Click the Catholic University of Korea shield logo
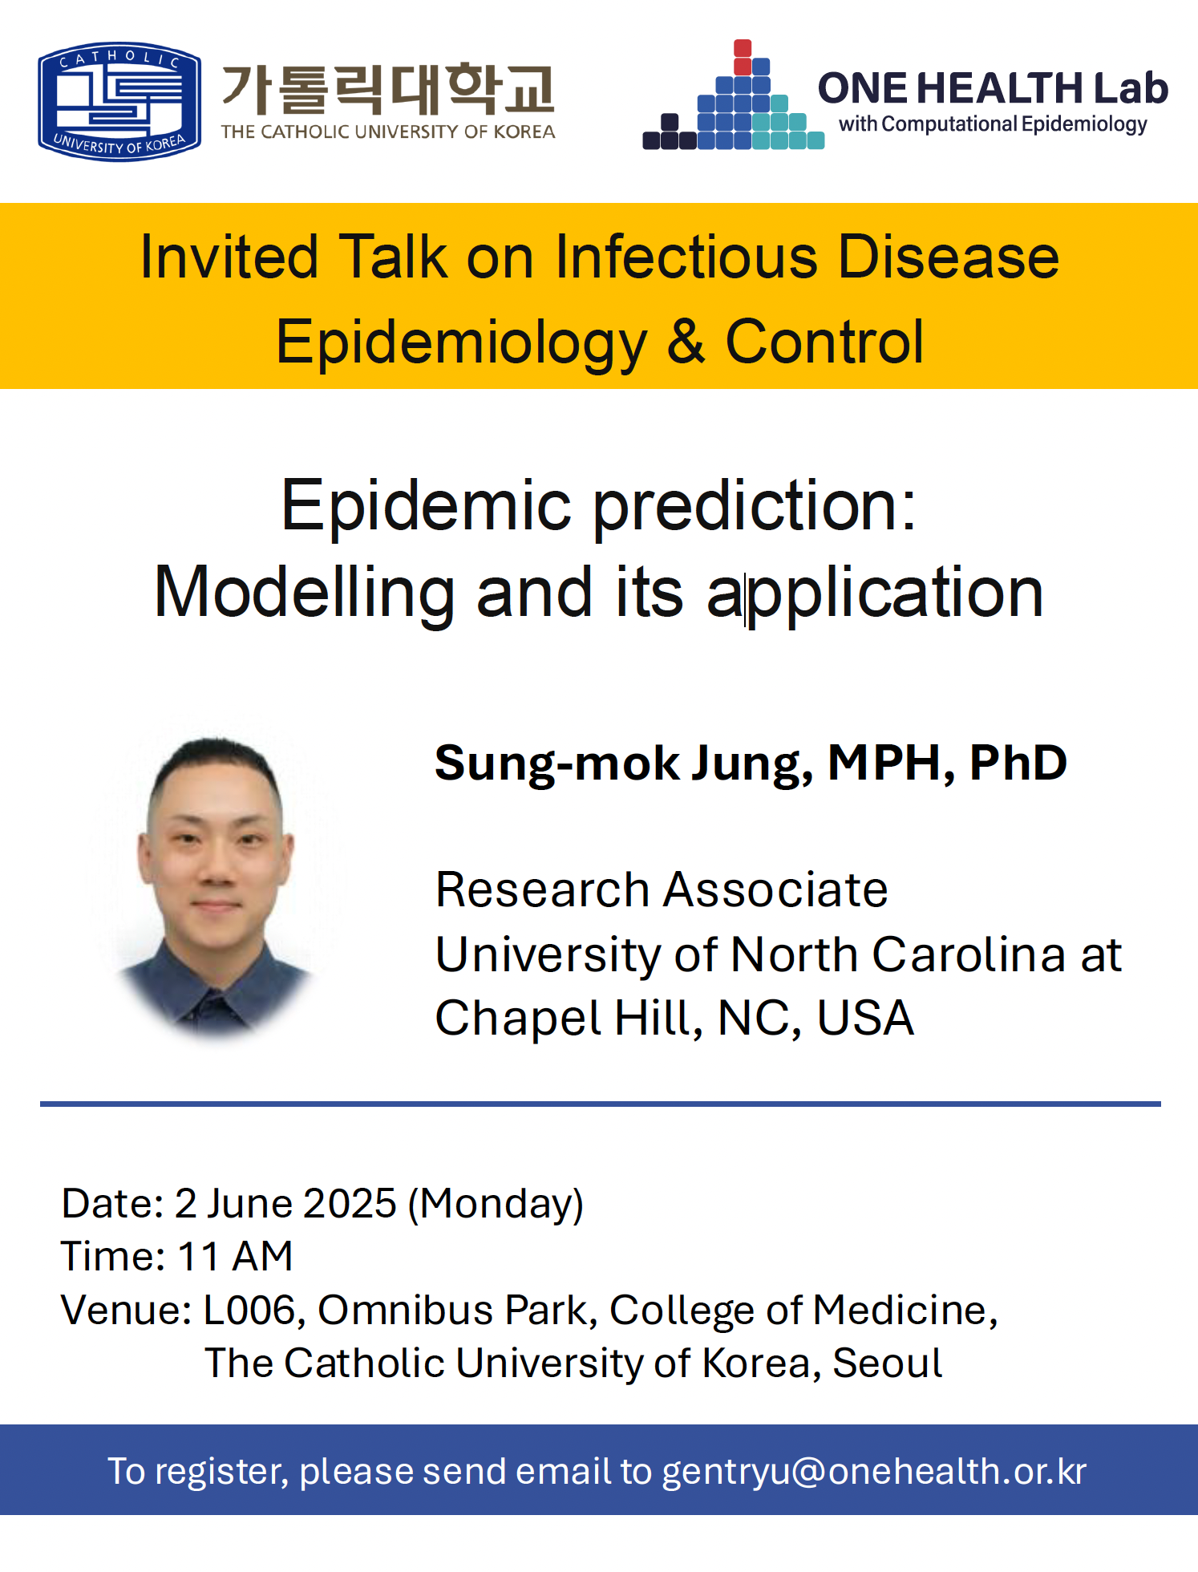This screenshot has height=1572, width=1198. pos(119,101)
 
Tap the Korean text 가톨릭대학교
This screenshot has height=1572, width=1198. pos(388,88)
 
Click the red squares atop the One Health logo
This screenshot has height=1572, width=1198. pos(743,56)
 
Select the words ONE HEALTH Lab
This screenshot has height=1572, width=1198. pos(993,87)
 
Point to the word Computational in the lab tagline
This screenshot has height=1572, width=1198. pos(949,124)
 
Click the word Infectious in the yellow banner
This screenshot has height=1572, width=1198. pos(686,257)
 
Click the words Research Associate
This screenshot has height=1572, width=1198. pos(662,889)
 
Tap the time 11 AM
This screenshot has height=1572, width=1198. pos(235,1256)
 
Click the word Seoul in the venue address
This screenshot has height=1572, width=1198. pos(887,1363)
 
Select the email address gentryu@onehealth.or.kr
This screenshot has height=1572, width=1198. pos(874,1472)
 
